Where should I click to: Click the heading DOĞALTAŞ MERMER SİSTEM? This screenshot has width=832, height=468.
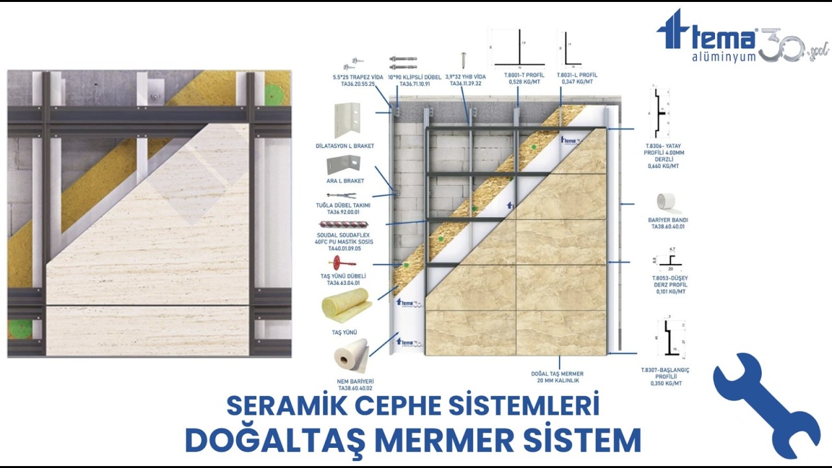click(x=413, y=440)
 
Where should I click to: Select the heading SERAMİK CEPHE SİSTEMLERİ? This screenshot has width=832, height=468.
click(x=413, y=406)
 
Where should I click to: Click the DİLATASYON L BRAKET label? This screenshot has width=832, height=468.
click(x=354, y=146)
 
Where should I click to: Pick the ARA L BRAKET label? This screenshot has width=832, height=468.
click(x=345, y=181)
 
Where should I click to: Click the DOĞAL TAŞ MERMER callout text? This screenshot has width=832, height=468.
click(x=557, y=377)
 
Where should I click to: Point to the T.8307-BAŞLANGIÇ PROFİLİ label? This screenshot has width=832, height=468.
click(x=665, y=376)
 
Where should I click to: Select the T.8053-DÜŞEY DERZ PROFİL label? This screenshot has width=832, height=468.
click(x=669, y=285)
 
